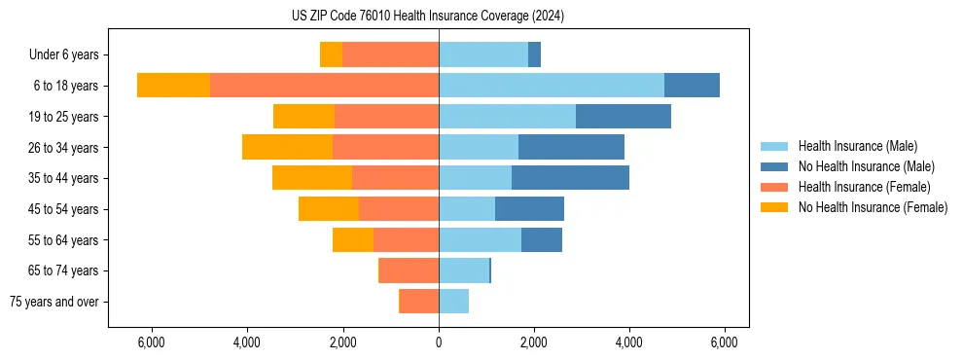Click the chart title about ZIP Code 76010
(x=427, y=16)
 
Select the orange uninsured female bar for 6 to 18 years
(x=173, y=85)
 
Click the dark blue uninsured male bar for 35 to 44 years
(x=570, y=178)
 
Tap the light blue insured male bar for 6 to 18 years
(x=552, y=85)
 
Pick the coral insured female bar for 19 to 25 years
(x=386, y=117)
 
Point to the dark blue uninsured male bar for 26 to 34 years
(x=571, y=147)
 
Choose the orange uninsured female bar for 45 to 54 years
(x=329, y=208)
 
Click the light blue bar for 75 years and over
(x=454, y=302)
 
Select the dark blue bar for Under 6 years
(x=534, y=54)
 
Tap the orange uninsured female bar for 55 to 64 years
(x=353, y=239)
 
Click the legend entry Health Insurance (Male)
(x=857, y=146)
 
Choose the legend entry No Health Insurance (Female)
(x=873, y=207)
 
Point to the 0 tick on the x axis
(x=439, y=342)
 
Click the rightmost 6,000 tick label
(x=724, y=342)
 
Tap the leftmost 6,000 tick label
(x=152, y=342)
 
